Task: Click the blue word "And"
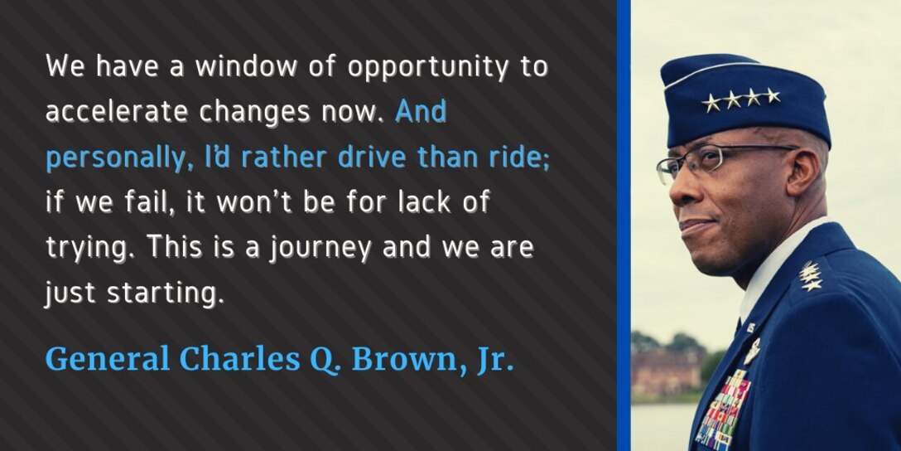[421, 111]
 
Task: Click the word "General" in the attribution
[108, 358]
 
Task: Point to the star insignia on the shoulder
[810, 276]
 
